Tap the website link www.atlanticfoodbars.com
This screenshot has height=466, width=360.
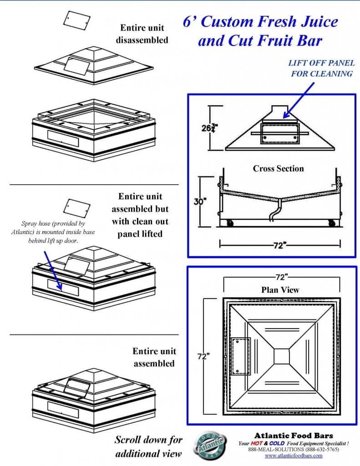pyautogui.click(x=294, y=455)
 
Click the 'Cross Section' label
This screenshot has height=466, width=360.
pyautogui.click(x=278, y=168)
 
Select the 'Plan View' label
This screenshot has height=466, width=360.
pyautogui.click(x=280, y=289)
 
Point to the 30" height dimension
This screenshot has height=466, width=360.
pyautogui.click(x=198, y=201)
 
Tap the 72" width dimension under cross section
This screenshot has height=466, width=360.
pyautogui.click(x=279, y=245)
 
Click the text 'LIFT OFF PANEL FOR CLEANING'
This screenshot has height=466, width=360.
pyautogui.click(x=321, y=68)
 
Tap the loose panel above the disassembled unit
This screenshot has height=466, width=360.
pyautogui.click(x=76, y=20)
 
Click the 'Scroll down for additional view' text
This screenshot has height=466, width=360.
pyautogui.click(x=148, y=446)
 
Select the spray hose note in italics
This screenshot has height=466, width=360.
pyautogui.click(x=53, y=231)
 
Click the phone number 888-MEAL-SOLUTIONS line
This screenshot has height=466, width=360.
pyautogui.click(x=294, y=449)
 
